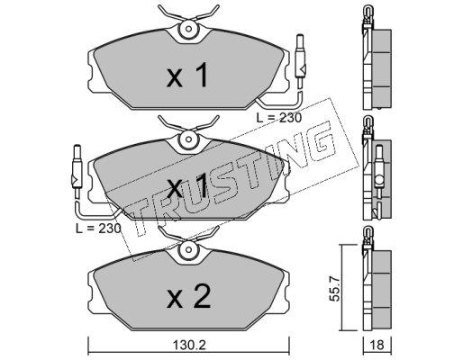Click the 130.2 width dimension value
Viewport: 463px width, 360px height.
coord(189,346)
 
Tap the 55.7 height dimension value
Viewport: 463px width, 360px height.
coord(334,288)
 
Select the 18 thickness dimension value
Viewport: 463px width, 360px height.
coord(377,346)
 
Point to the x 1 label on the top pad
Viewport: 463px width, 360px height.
coord(187,75)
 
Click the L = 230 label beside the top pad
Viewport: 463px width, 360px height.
coord(279,118)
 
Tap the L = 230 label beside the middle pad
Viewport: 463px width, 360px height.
coord(98,229)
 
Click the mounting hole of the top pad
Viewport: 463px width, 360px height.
coord(189,29)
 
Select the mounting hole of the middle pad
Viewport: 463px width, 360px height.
coord(189,139)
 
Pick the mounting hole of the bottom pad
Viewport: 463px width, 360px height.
coord(189,249)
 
